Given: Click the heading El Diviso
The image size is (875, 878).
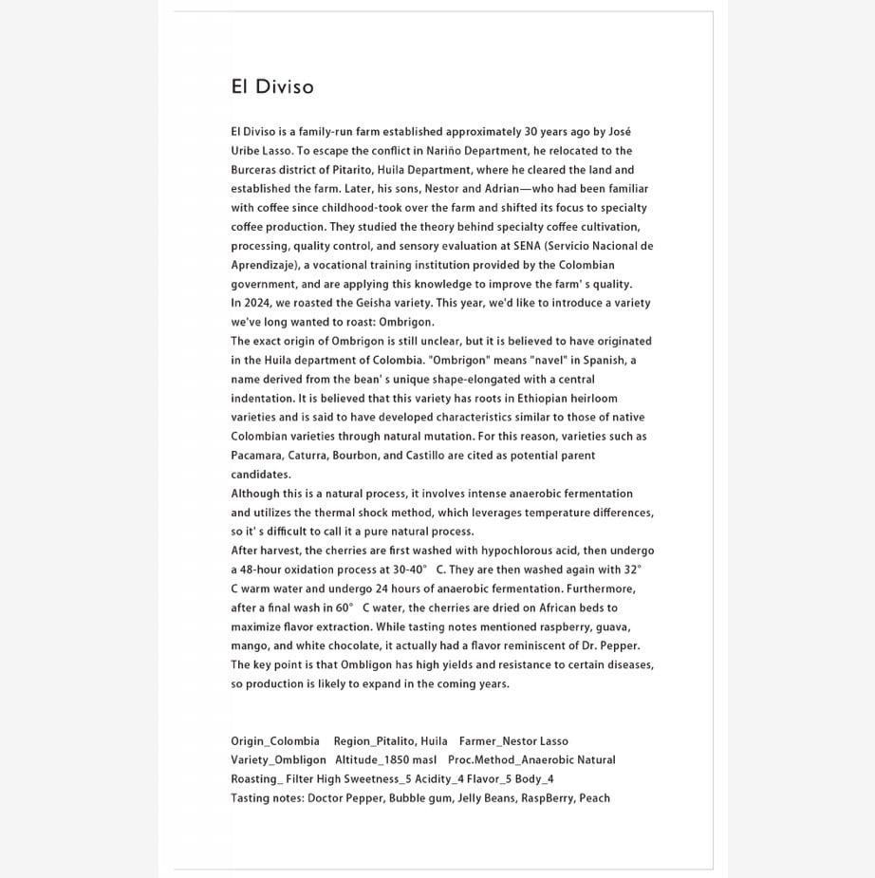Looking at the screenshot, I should [x=272, y=86].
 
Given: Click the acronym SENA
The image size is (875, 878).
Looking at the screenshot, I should [x=527, y=246].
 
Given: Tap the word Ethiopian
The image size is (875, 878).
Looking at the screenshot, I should [x=539, y=399].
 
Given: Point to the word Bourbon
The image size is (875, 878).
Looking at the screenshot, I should [x=355, y=456].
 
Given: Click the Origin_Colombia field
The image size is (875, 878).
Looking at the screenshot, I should [x=275, y=741].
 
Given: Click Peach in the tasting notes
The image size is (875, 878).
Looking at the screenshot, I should [x=594, y=798].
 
